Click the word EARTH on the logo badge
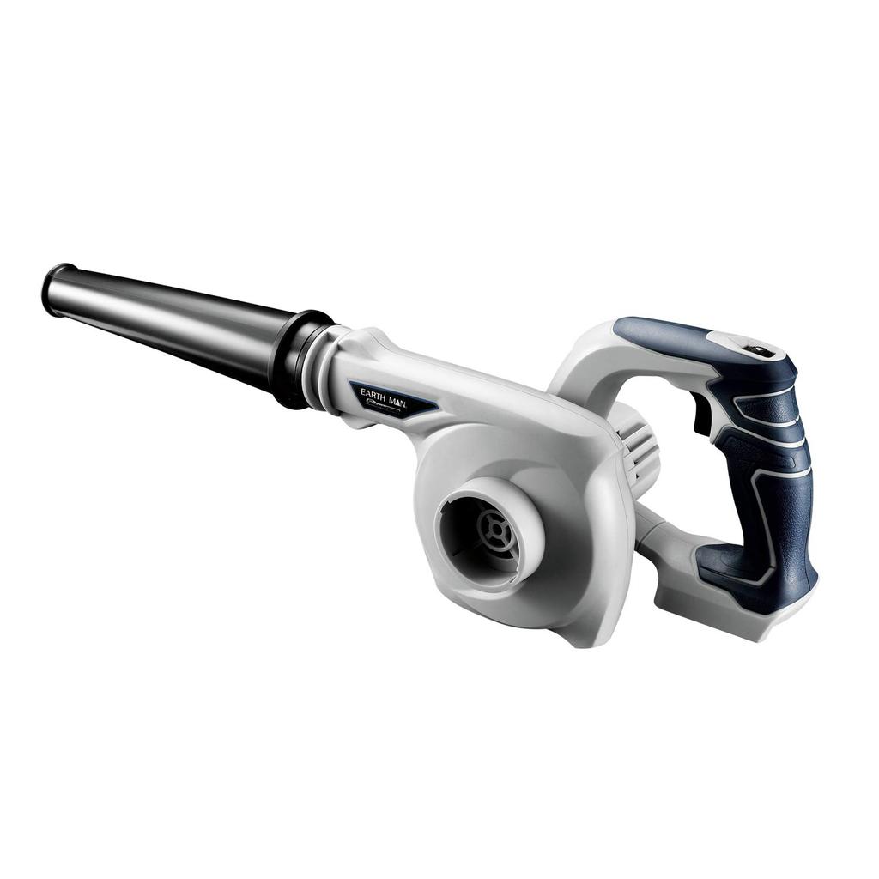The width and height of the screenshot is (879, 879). pyautogui.click(x=371, y=392)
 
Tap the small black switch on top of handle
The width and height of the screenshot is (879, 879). pyautogui.click(x=758, y=349)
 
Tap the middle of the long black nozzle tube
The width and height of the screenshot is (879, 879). pyautogui.click(x=172, y=322)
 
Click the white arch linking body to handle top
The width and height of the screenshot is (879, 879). pyautogui.click(x=584, y=361)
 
